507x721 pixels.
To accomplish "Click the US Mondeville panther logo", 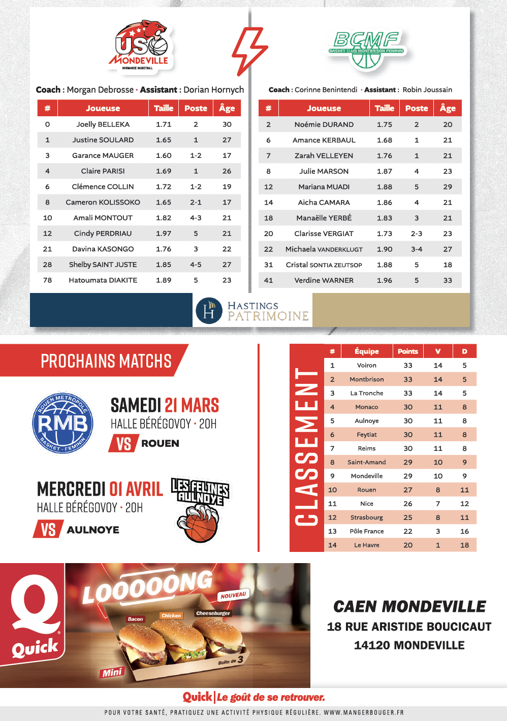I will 141,46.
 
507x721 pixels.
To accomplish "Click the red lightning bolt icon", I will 249,50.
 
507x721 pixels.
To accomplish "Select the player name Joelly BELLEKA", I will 103,124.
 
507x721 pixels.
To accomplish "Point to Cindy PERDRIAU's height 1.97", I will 164,234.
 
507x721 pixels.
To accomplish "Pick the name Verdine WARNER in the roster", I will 324,280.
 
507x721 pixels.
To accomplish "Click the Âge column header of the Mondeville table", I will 227,108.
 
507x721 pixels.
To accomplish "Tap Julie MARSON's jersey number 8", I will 268,172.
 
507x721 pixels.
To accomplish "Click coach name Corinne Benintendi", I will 326,90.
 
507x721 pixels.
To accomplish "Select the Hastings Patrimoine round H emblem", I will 209,311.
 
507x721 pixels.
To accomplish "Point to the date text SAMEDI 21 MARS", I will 165,405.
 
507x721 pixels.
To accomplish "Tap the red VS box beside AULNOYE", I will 48,530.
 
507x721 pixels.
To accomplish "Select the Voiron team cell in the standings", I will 366,366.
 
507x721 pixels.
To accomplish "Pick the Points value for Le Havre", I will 408,545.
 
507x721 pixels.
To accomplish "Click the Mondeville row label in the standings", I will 366,476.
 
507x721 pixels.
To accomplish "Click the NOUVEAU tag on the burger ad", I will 233,595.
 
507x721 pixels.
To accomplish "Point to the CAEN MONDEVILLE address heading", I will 409,607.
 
